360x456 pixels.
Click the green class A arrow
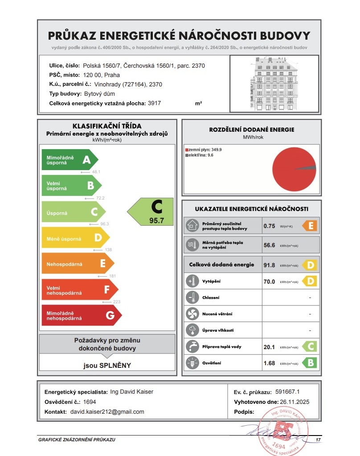69,160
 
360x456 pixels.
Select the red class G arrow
81,315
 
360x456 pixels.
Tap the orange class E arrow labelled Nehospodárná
77,264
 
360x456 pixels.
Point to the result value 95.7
156,220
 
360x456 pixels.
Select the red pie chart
294,169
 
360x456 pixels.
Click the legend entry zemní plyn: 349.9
203,150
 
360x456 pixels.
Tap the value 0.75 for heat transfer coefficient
269,226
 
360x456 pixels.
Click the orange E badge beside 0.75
310,226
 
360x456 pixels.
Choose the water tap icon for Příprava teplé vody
192,346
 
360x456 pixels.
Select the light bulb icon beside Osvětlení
192,363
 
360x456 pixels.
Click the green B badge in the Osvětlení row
310,363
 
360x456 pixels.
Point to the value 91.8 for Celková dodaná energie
269,265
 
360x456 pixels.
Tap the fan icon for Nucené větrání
192,314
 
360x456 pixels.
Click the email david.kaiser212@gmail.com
107,412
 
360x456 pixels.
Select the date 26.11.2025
294,402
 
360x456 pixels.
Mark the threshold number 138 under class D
108,250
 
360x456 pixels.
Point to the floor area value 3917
154,103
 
